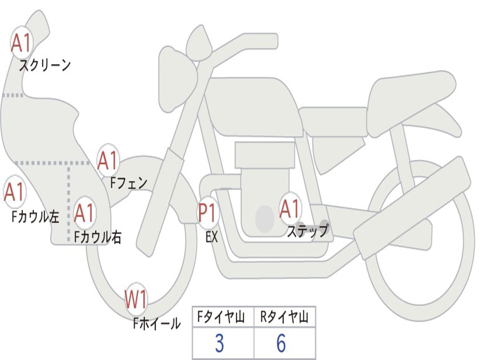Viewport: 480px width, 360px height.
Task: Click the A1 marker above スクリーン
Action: pos(21,43)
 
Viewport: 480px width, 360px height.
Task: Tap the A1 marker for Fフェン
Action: pos(108,161)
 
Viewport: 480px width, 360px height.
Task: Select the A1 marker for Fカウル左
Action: pos(15,192)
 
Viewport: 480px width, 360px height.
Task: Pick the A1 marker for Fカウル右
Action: pos(85,213)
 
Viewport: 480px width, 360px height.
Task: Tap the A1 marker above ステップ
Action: pos(290,209)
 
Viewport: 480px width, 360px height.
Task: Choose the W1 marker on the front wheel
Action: pos(136,300)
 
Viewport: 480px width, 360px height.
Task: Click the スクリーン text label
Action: pos(45,65)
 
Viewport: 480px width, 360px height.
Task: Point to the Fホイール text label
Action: pos(157,323)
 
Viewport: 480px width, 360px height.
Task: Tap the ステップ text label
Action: pos(307,231)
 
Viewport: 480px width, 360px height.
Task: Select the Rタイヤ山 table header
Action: pos(285,318)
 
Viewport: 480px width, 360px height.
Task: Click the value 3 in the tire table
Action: pos(219,344)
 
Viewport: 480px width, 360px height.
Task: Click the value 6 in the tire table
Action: pos(281,344)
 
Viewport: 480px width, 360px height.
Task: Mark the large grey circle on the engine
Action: pos(265,218)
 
